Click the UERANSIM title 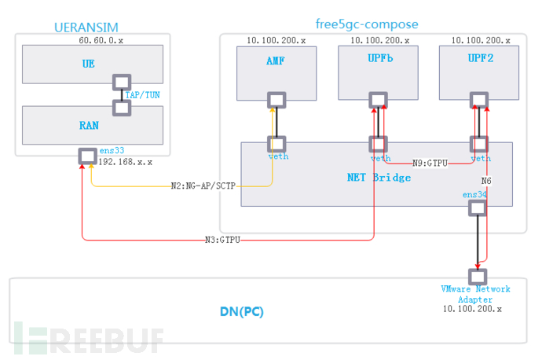click(x=86, y=27)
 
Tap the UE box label click(x=88, y=64)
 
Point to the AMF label click(x=276, y=60)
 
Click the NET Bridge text click(x=379, y=177)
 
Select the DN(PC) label click(x=241, y=311)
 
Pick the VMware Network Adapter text click(x=475, y=293)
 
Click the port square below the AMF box click(x=276, y=100)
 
